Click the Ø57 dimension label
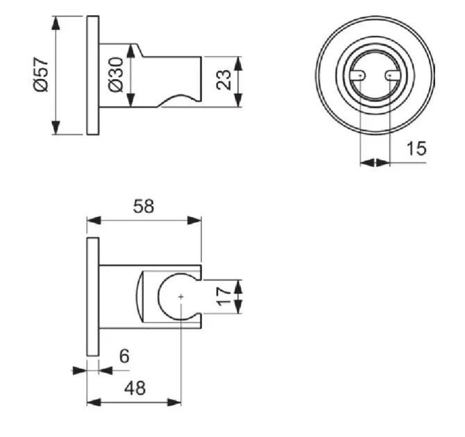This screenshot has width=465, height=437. click(x=41, y=75)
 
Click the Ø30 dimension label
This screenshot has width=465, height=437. click(x=116, y=75)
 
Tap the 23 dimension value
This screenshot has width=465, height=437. click(x=223, y=80)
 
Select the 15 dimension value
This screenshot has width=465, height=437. click(x=416, y=148)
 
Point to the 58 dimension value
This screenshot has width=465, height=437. click(x=144, y=206)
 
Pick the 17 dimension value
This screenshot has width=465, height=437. click(x=223, y=296)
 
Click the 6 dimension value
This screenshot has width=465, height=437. click(x=124, y=356)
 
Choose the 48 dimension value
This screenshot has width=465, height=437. click(x=135, y=388)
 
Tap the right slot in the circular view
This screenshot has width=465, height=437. click(x=393, y=76)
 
